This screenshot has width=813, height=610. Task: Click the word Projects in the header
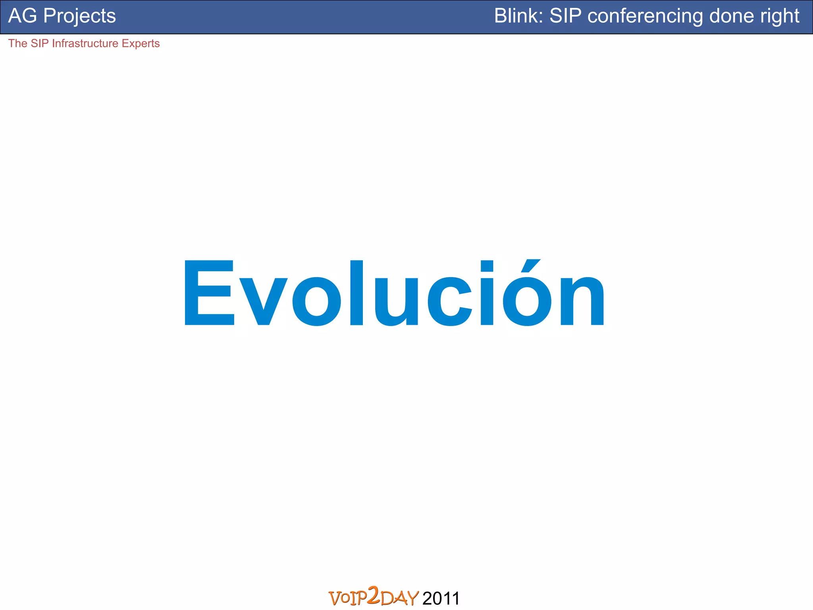click(x=79, y=16)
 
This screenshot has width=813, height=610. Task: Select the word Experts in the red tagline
click(x=141, y=43)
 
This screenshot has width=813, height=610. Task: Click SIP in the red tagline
click(x=39, y=43)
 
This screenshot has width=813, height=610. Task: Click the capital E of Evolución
click(x=209, y=293)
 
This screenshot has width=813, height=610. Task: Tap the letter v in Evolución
click(x=264, y=301)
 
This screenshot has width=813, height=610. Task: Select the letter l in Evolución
click(x=356, y=293)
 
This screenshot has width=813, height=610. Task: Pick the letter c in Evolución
click(x=450, y=301)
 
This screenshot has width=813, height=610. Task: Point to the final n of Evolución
click(x=582, y=301)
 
